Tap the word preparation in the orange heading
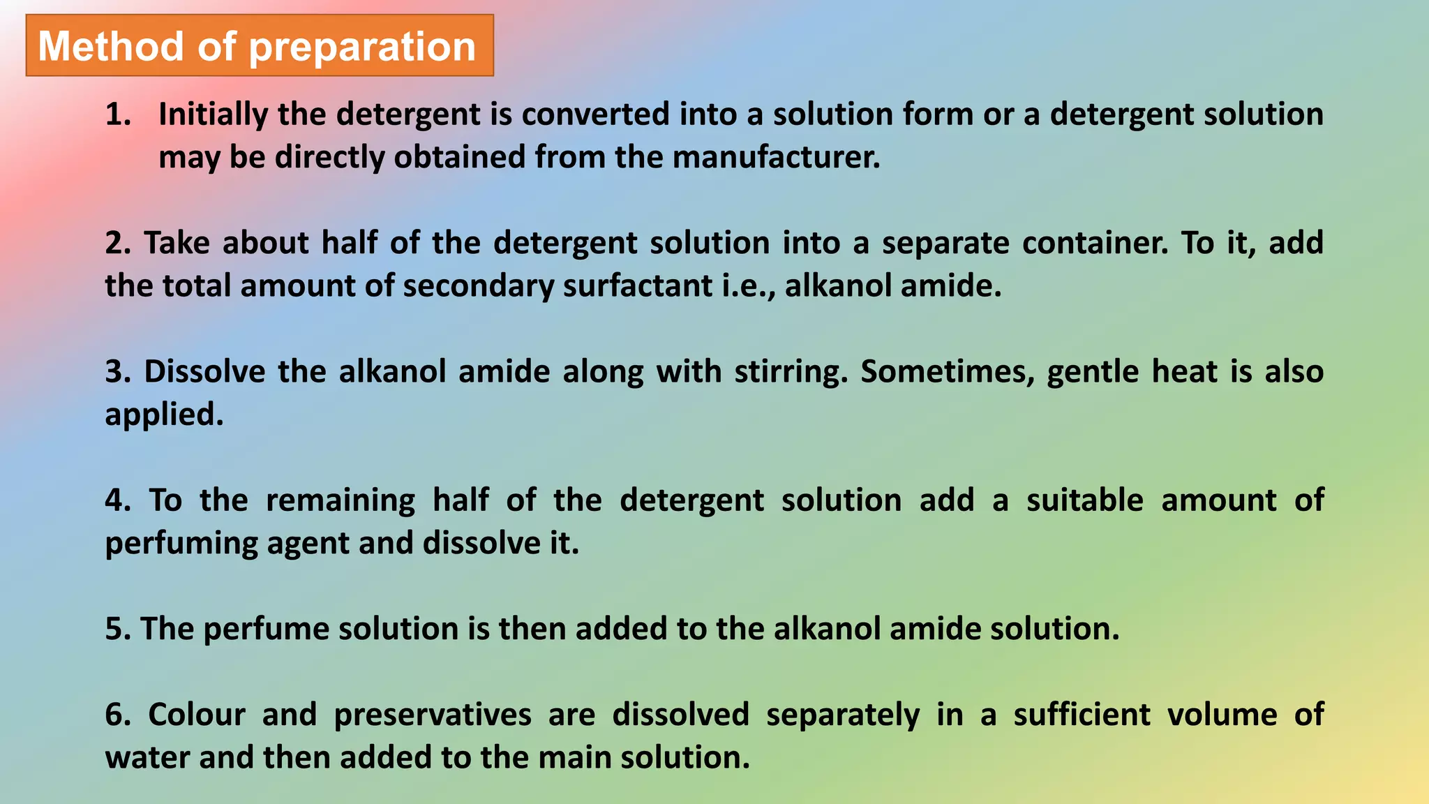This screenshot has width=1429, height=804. [362, 47]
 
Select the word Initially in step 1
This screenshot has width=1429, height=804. [213, 114]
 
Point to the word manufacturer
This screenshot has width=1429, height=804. [775, 157]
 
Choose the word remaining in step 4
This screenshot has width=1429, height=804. [341, 500]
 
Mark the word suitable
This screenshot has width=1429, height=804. [1084, 500]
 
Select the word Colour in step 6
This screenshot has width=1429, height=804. [197, 715]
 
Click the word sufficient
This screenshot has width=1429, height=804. [1082, 715]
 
